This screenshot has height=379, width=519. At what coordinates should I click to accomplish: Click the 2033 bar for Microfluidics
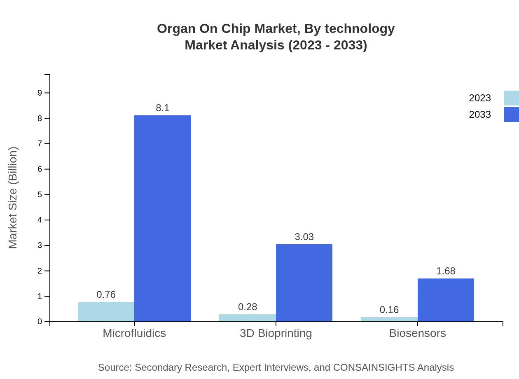(163, 218)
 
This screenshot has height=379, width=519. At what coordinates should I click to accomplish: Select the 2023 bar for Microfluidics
(106, 312)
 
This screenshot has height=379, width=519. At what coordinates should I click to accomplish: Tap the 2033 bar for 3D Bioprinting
(304, 283)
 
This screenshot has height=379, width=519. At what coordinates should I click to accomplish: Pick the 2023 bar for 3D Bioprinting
(247, 318)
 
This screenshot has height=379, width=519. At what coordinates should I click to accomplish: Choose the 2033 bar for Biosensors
(446, 300)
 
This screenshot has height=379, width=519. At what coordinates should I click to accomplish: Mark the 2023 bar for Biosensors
(389, 319)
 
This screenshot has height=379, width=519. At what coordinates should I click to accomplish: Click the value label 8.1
(163, 108)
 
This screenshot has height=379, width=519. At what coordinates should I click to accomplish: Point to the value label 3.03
(304, 237)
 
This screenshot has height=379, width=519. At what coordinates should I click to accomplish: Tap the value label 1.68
(446, 271)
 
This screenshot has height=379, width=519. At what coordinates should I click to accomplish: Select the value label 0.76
(106, 295)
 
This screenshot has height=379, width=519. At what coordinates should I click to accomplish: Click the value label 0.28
(248, 307)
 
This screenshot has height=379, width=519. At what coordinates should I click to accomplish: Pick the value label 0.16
(389, 310)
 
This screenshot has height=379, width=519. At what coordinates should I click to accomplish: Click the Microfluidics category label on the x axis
(134, 333)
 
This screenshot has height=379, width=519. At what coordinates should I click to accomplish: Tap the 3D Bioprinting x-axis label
(276, 333)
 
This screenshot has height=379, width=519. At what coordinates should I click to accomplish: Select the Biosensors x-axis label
(417, 333)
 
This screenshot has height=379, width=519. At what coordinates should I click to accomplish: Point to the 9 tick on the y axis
(40, 93)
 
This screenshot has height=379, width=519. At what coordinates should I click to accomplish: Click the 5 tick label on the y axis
(40, 194)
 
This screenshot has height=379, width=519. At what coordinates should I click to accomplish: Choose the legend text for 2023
(480, 98)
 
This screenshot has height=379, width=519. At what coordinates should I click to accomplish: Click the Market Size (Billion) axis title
(13, 198)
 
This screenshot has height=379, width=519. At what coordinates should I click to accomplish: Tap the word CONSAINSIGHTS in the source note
(374, 367)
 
